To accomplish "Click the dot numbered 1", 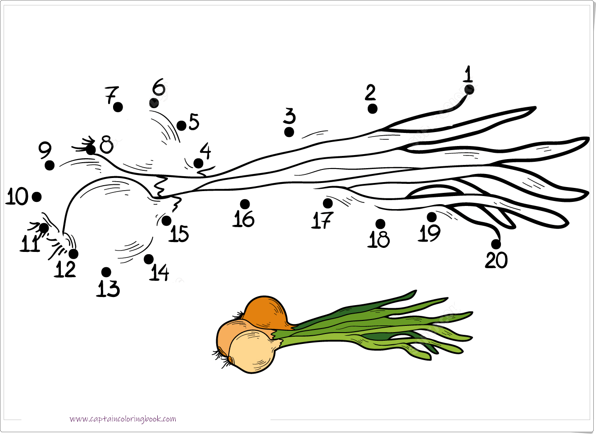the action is [x=469, y=90].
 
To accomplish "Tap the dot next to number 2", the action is [x=372, y=109].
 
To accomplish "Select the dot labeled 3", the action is [x=289, y=132].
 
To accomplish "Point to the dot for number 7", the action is [x=118, y=107].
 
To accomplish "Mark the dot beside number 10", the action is [x=37, y=197].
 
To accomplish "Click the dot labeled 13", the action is [x=106, y=272].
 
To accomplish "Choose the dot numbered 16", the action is [x=245, y=204].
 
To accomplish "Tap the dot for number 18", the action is [x=380, y=224].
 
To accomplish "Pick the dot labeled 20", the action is [x=496, y=244].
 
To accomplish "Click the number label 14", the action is [x=159, y=272].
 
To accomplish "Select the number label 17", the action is [x=322, y=220].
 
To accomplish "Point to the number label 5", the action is [x=194, y=122].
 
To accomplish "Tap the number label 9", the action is [x=45, y=150].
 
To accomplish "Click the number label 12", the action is [x=65, y=269].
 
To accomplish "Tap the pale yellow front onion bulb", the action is [x=251, y=351].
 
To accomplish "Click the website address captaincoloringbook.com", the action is [x=123, y=419].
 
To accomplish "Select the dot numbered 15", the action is [x=166, y=221].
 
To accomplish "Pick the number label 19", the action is [x=429, y=233].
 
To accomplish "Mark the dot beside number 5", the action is [x=182, y=126].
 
